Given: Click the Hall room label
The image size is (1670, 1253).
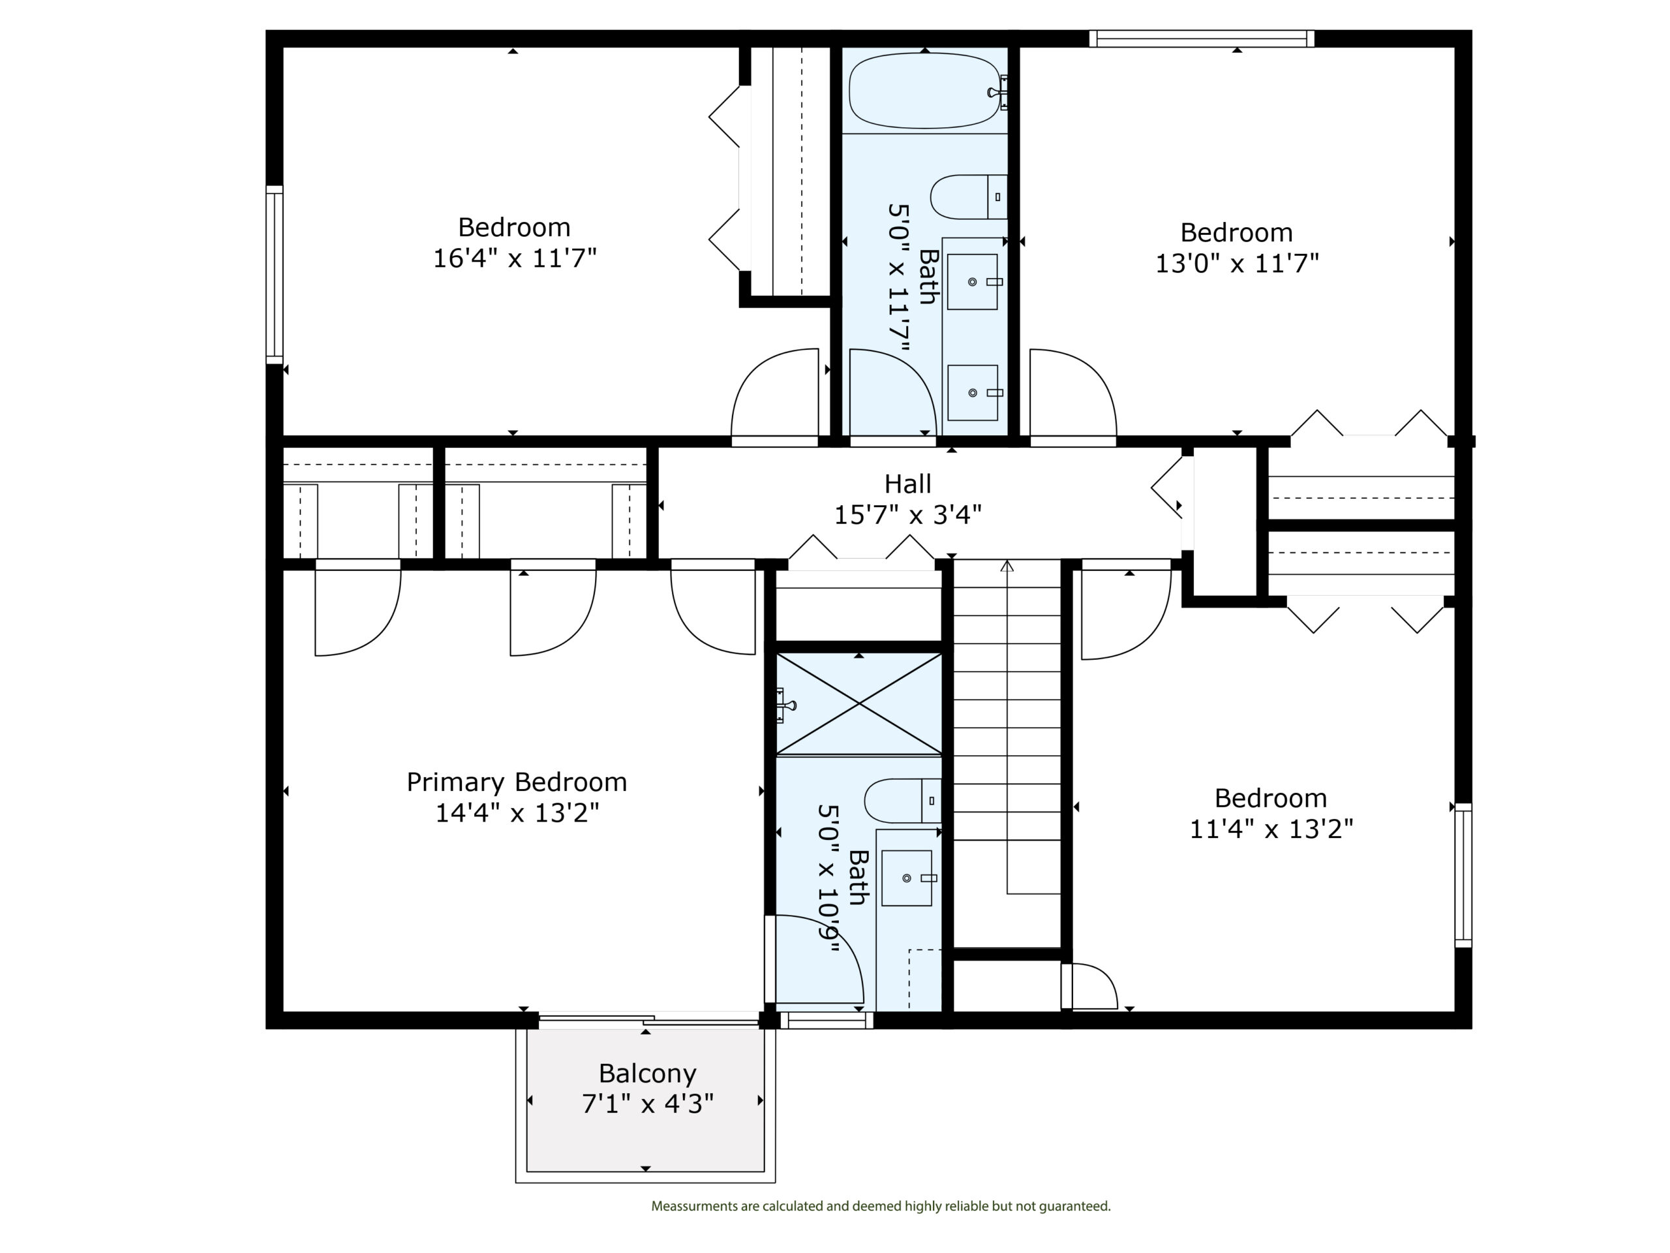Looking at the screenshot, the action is click(x=907, y=484).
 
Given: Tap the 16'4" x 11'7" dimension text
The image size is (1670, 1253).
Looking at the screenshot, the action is click(x=514, y=258).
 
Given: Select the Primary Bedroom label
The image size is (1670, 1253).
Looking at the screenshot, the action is click(x=517, y=782).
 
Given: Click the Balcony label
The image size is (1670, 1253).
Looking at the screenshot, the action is click(x=647, y=1074).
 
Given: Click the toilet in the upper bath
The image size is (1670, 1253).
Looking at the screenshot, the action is click(x=969, y=197).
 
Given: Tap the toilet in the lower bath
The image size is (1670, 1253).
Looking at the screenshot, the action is click(x=903, y=801).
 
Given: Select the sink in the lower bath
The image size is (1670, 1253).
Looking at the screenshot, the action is click(x=907, y=878).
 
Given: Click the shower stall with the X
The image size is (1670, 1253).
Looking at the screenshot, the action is click(x=859, y=704).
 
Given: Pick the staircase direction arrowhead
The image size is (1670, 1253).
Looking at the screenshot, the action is click(x=1007, y=566).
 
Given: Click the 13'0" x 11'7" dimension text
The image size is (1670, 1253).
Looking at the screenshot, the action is click(x=1237, y=264).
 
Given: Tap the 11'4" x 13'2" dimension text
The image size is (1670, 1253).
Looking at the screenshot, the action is click(x=1271, y=829).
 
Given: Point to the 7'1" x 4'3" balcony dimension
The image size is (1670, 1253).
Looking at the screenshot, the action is click(x=647, y=1104).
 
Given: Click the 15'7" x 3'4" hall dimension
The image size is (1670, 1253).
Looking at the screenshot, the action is click(x=907, y=515).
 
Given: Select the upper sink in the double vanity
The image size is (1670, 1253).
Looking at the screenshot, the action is click(x=973, y=282).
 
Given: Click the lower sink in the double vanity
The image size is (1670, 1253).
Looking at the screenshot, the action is click(x=973, y=393).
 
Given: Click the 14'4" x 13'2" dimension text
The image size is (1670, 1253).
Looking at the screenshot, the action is click(x=517, y=813).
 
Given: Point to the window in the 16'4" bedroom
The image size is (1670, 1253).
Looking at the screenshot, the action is click(x=274, y=274).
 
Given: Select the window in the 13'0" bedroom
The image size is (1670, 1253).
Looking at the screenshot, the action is click(x=1202, y=39).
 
